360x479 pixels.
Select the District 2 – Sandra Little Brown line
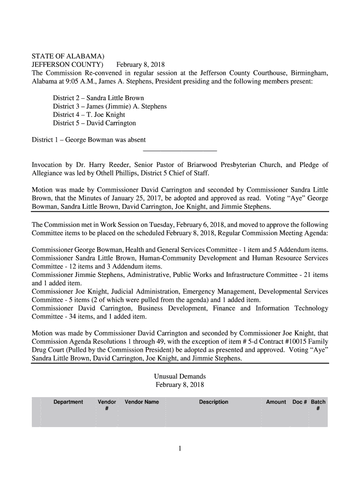click(x=98, y=98)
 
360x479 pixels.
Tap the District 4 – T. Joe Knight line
click(x=89, y=115)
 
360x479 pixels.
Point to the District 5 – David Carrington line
click(x=94, y=123)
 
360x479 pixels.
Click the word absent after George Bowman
click(x=135, y=140)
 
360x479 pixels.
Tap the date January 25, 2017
click(x=129, y=198)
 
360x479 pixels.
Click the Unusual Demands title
click(x=180, y=377)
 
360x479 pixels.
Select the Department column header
click(x=68, y=402)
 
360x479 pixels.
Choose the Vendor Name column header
click(x=142, y=402)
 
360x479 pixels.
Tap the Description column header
click(x=214, y=402)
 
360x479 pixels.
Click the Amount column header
click(x=276, y=402)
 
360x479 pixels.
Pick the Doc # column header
click(x=299, y=402)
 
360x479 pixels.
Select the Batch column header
click(x=318, y=402)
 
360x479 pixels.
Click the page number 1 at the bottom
click(x=180, y=449)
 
